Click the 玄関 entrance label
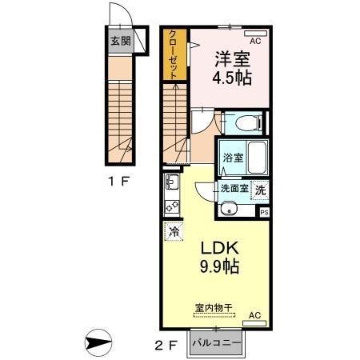click(x=121, y=40)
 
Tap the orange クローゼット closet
click(x=173, y=54)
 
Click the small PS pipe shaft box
click(x=264, y=213)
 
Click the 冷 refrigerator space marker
click(x=174, y=232)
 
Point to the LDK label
click(x=218, y=246)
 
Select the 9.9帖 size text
click(x=218, y=266)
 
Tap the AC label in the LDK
click(x=254, y=317)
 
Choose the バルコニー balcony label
click(x=218, y=343)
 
